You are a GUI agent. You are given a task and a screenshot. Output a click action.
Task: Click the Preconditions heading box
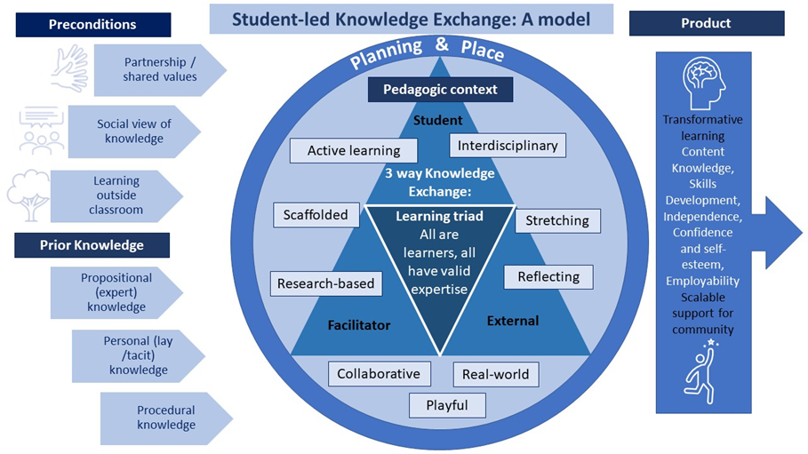tap(93, 25)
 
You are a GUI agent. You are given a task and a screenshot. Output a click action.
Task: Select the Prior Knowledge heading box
tap(92, 244)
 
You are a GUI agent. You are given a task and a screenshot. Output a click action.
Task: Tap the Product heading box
tap(706, 24)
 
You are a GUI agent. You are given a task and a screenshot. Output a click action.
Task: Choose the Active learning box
tap(353, 151)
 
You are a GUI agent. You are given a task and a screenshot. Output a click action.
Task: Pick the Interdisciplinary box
tap(508, 145)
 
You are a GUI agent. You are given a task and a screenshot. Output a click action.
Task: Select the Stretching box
tap(557, 220)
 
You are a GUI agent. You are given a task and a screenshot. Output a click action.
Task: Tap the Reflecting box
tap(548, 276)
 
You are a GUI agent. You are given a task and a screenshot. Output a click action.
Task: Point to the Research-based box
tap(326, 284)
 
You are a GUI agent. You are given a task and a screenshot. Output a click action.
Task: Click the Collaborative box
tap(379, 374)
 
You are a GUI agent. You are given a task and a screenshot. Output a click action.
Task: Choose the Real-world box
tap(495, 374)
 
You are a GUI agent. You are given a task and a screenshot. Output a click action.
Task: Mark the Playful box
tap(448, 405)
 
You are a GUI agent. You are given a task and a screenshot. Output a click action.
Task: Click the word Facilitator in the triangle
tap(358, 325)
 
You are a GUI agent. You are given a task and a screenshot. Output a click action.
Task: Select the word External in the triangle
tap(513, 320)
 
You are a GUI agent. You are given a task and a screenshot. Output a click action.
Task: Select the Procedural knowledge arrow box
tap(165, 418)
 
